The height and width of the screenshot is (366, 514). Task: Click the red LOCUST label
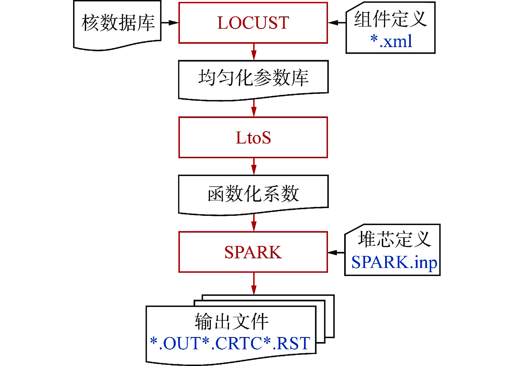253,23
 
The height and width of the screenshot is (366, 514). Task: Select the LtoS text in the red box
253,138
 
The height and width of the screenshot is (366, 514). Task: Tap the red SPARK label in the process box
253,252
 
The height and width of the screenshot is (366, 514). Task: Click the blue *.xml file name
391,41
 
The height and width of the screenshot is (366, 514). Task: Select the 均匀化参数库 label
253,77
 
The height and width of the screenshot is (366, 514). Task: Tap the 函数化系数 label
253,194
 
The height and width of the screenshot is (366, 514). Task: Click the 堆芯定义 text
394,239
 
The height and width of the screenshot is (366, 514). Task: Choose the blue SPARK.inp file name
394,262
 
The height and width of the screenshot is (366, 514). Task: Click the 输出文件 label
231,321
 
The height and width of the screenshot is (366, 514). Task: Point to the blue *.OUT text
175,343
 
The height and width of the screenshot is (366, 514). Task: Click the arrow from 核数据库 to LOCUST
170,23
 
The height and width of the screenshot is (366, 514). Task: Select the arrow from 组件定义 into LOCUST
337,23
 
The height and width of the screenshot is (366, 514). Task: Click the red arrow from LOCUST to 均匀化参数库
254,52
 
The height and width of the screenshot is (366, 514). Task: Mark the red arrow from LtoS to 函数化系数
254,166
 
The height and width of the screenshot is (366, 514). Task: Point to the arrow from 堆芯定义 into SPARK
336,252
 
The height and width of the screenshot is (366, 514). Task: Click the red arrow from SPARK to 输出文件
254,284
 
